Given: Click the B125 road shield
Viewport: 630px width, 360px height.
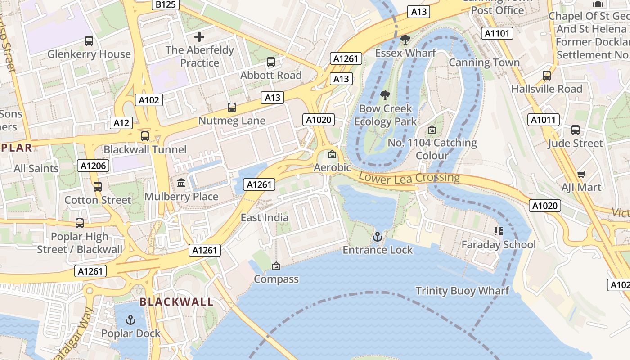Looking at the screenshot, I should coord(166,4).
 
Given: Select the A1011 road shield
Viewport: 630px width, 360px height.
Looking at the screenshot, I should coord(544,120).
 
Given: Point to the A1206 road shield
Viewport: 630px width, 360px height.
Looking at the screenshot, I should coord(94,166).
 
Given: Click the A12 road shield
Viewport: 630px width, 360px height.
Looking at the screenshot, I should coord(121,123).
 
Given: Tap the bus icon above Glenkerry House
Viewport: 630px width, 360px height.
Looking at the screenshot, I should coord(89,41).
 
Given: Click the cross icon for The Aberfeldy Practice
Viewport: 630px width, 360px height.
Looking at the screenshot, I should coord(199,37).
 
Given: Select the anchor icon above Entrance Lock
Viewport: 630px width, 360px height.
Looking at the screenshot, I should coord(378,236).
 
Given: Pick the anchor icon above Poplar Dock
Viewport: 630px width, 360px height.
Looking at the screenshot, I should coord(130,320).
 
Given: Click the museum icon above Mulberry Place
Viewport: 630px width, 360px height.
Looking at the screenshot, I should coord(181,183).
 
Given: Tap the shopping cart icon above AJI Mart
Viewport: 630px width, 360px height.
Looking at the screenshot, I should coord(581,174).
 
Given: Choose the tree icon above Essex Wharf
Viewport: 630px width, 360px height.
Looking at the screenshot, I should coord(405,40).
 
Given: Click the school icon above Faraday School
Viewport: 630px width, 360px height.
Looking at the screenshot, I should coord(498,231).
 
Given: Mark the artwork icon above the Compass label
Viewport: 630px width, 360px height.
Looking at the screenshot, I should coord(276,266).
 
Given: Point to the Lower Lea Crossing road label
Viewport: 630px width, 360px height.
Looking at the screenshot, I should coord(409,178).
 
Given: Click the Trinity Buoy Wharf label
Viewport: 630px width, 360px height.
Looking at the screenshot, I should coord(462,291).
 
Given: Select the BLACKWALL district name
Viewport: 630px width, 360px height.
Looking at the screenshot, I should coord(176,302).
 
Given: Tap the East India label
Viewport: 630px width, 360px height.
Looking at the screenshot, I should coord(265,218).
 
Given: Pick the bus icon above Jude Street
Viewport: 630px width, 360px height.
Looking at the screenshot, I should coord(575,130).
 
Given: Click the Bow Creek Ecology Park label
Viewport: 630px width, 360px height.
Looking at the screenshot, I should coord(386,115).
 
